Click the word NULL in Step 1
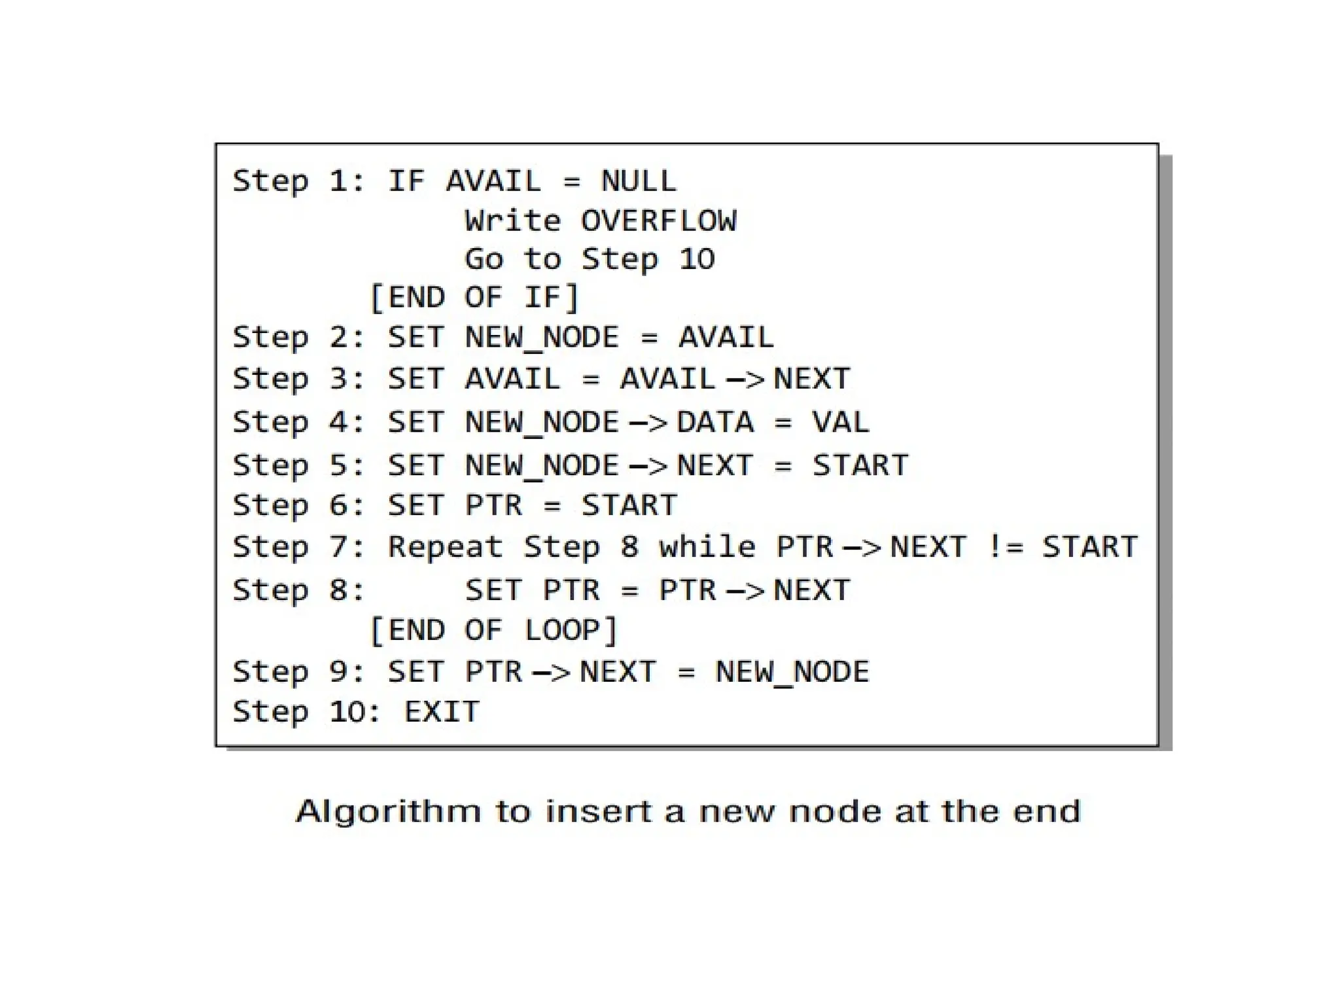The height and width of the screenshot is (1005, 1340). click(639, 181)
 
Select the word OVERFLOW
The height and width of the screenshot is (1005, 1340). click(658, 220)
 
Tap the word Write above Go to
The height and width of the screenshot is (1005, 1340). click(512, 220)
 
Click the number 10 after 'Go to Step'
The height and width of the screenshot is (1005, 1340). click(697, 259)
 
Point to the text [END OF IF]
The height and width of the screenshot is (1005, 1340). click(474, 298)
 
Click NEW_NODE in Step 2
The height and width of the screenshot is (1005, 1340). click(542, 338)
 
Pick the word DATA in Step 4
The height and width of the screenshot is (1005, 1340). click(715, 423)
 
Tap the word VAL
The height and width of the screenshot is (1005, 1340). click(841, 423)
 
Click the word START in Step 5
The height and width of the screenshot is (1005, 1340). click(860, 466)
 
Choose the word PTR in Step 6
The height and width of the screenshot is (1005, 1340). click(493, 506)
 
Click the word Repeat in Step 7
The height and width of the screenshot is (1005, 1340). click(445, 547)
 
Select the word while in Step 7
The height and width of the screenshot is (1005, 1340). click(707, 547)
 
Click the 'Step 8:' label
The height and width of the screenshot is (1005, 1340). click(298, 590)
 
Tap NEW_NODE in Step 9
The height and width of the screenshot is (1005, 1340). click(792, 672)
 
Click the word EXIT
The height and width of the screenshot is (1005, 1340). click(442, 712)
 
